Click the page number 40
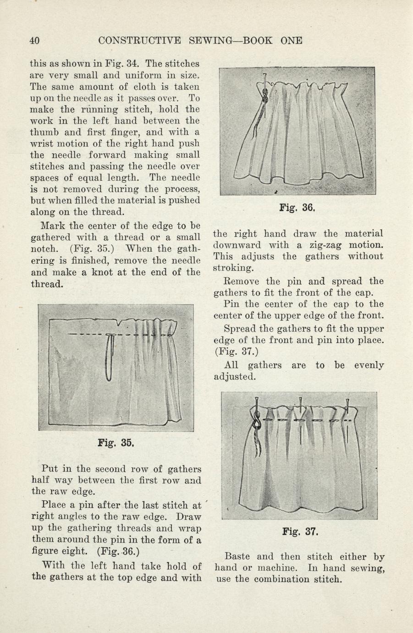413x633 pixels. (x=34, y=40)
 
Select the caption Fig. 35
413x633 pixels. (x=116, y=443)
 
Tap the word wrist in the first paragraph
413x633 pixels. (x=42, y=144)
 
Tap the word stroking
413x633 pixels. (x=232, y=268)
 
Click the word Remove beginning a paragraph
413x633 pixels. (x=241, y=281)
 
